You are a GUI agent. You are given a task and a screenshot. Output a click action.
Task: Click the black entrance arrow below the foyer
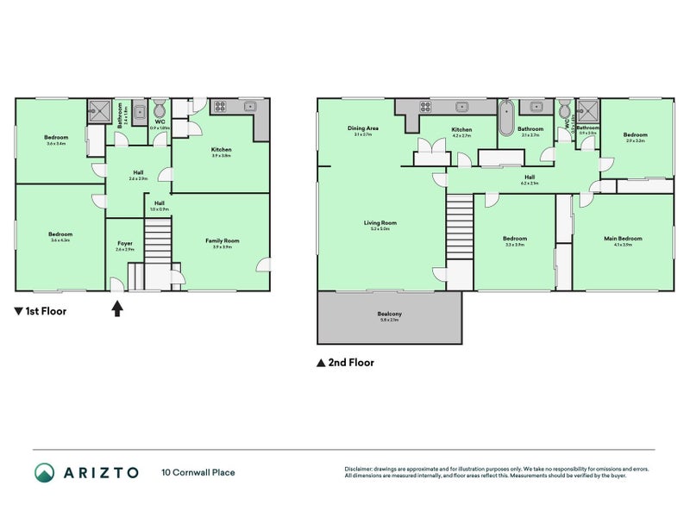pyautogui.click(x=117, y=308)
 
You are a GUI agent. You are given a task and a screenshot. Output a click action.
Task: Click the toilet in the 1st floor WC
pyautogui.click(x=159, y=111)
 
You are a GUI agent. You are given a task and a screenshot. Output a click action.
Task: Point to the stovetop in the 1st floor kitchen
pyautogui.click(x=219, y=107)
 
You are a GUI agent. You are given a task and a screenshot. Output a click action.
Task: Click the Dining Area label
pyautogui.click(x=362, y=130)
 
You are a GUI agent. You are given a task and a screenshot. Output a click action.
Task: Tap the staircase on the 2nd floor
pyautogui.click(x=459, y=225)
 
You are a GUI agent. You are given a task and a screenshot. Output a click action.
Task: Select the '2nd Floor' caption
pyautogui.click(x=349, y=363)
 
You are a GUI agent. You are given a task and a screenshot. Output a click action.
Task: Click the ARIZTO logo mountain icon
pyautogui.click(x=44, y=472)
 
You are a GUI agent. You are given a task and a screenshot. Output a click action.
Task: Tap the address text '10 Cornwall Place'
pyautogui.click(x=198, y=472)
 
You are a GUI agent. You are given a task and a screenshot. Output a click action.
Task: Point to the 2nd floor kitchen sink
pyautogui.click(x=462, y=107)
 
